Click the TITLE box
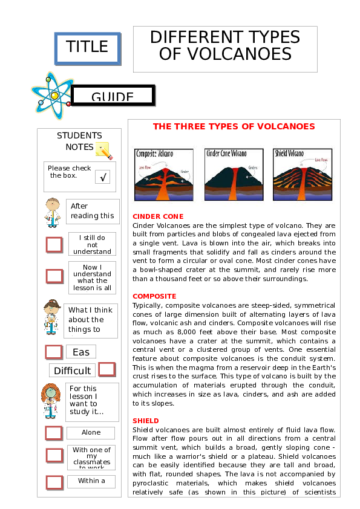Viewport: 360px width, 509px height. [x=87, y=47]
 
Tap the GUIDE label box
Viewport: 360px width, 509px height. [x=113, y=96]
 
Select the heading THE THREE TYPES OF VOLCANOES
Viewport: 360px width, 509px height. [x=234, y=126]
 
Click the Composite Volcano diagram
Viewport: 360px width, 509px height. [x=164, y=175]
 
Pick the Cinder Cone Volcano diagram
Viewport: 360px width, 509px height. [x=234, y=175]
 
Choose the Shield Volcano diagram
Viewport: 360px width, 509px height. [x=303, y=175]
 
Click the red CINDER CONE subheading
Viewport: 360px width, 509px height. [x=158, y=216]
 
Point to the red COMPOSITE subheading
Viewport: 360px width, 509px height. [x=154, y=296]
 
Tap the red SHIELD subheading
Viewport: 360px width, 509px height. [x=146, y=421]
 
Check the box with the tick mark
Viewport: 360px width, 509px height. [x=102, y=177]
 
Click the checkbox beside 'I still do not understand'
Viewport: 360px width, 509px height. [x=54, y=245]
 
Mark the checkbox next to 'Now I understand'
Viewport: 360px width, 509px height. [x=54, y=276]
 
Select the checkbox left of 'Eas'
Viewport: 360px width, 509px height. [x=54, y=352]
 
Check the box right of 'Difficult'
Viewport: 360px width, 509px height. [x=106, y=369]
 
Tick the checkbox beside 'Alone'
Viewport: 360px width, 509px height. [x=54, y=433]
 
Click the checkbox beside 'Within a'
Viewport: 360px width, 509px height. [x=54, y=482]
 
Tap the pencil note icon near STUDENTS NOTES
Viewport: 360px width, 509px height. [x=103, y=150]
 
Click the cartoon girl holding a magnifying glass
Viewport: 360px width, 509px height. [x=50, y=399]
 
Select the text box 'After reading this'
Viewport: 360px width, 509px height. [x=92, y=211]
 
